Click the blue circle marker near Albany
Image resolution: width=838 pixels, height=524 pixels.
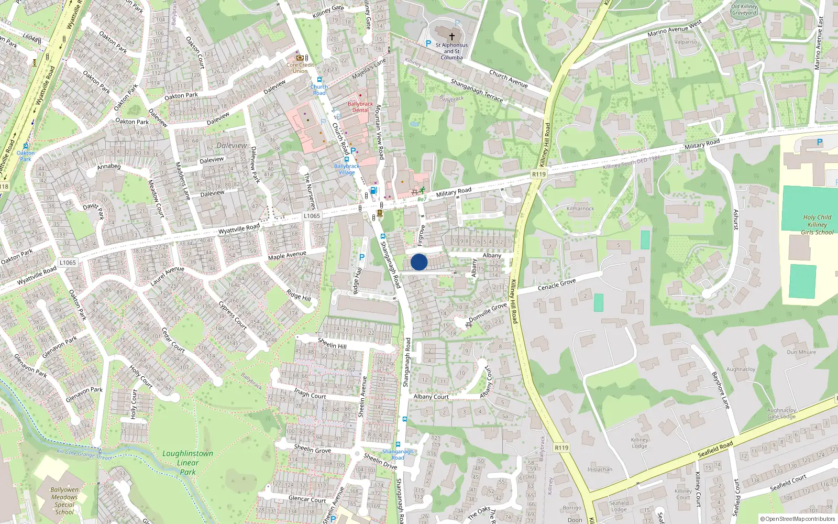419,262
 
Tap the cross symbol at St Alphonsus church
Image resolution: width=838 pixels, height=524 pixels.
451,37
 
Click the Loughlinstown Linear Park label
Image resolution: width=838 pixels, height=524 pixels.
188,462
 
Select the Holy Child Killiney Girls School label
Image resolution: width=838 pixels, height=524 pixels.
817,224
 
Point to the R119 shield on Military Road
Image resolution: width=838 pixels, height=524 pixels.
538,174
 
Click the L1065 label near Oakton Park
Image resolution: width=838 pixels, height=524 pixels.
68,263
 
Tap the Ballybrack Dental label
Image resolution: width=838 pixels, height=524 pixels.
360,107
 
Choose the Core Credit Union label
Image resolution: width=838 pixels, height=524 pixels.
300,68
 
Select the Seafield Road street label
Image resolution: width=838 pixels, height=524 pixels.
715,449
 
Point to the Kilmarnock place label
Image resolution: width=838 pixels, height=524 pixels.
580,209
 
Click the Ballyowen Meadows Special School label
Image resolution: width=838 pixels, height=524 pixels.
64,501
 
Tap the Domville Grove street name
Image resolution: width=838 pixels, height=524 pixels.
488,312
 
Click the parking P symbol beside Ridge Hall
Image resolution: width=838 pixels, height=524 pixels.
361,257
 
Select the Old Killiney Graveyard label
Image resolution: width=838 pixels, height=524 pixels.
744,9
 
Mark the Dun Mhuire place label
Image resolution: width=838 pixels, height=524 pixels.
801,352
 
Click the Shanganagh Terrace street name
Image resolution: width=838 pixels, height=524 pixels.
477,90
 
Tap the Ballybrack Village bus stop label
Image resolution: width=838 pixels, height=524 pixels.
347,169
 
